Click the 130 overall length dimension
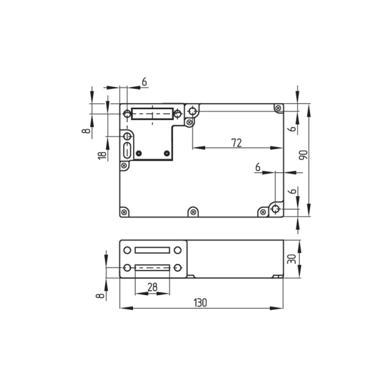[x=200, y=303]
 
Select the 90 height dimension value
[x=303, y=155]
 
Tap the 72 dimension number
[x=237, y=142]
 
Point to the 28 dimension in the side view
[x=153, y=287]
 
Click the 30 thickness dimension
[x=292, y=259]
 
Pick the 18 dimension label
[x=102, y=155]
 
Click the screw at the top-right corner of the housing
[x=279, y=109]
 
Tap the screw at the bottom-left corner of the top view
[x=124, y=212]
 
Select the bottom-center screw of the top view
[x=193, y=212]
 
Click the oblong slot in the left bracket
[x=127, y=150]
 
